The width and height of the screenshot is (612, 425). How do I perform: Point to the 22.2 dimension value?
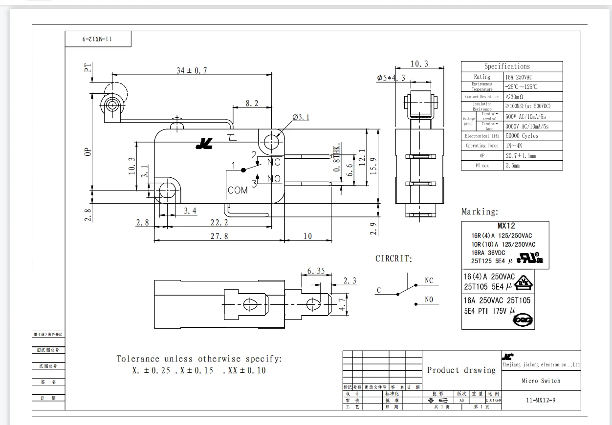tap(220, 222)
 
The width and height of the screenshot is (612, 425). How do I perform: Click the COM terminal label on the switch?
tap(238, 191)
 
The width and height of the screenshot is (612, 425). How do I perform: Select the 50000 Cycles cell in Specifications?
tap(522, 136)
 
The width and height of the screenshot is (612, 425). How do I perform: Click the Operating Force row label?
tap(481, 146)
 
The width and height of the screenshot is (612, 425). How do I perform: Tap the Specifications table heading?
tap(507, 66)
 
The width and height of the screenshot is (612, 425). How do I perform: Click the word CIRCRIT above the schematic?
tap(393, 258)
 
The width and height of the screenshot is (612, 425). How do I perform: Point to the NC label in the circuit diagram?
tap(429, 281)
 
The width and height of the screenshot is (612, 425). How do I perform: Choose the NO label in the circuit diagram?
tap(429, 300)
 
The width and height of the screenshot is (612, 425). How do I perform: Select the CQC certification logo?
tap(522, 320)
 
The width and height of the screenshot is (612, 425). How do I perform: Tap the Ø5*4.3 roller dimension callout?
tap(392, 78)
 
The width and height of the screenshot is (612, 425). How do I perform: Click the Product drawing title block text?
tap(461, 370)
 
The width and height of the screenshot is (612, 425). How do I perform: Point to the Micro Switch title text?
tap(541, 381)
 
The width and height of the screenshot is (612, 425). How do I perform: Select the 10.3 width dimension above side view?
tap(419, 64)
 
